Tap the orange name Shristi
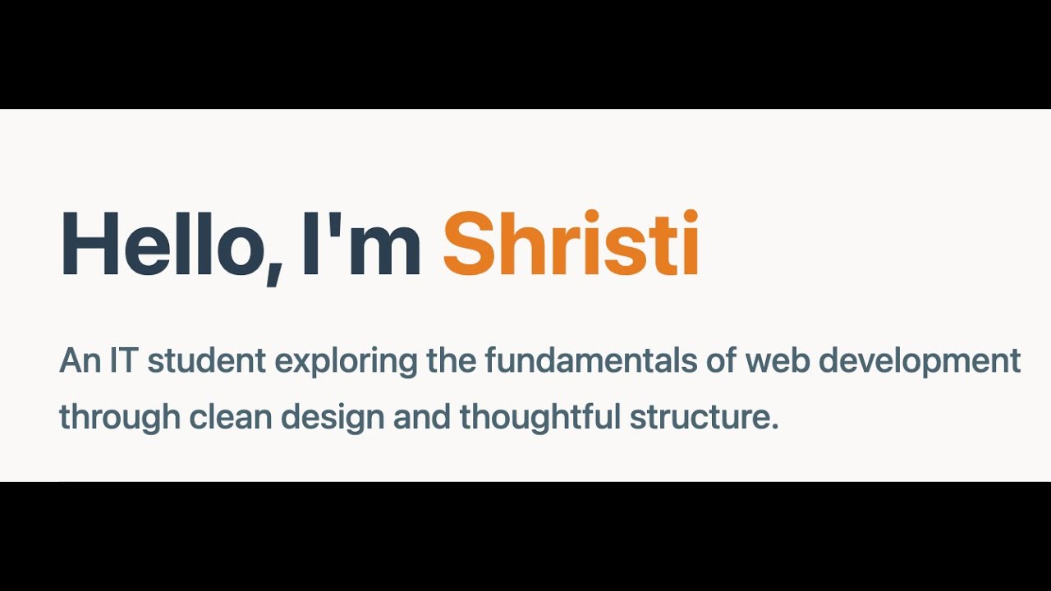coord(571,244)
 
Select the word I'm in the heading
coord(361,244)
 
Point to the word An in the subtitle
coord(80,361)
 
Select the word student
coord(207,361)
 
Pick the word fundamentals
coord(581,361)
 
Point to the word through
coord(120,418)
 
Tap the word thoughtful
coord(539,418)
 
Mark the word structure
coord(699,418)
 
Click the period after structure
coord(773,428)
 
